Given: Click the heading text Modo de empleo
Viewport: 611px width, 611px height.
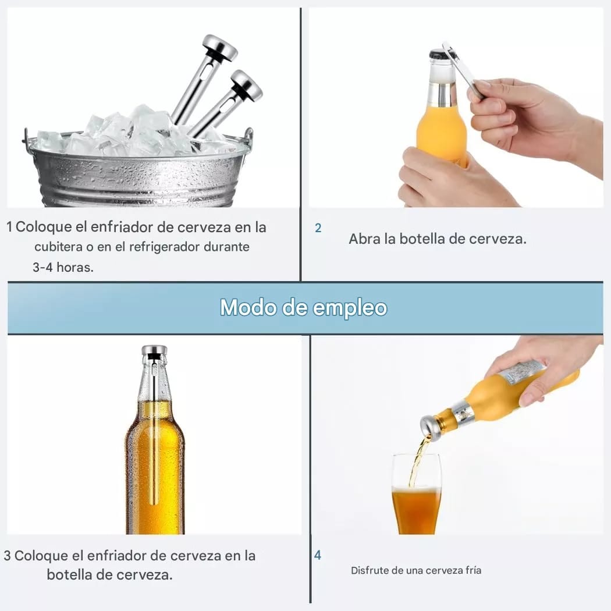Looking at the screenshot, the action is (x=304, y=308).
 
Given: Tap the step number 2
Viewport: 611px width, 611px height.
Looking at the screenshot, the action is (x=318, y=228).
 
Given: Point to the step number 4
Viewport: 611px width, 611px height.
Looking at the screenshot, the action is (x=318, y=555).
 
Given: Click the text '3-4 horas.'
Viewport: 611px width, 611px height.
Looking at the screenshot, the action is (x=63, y=267).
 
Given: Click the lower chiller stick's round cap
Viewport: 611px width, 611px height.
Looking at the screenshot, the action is (x=246, y=84).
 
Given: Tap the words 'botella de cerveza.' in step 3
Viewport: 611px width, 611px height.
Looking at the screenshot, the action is (x=109, y=575).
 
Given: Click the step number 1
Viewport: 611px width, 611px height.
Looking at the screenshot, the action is (x=9, y=227).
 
